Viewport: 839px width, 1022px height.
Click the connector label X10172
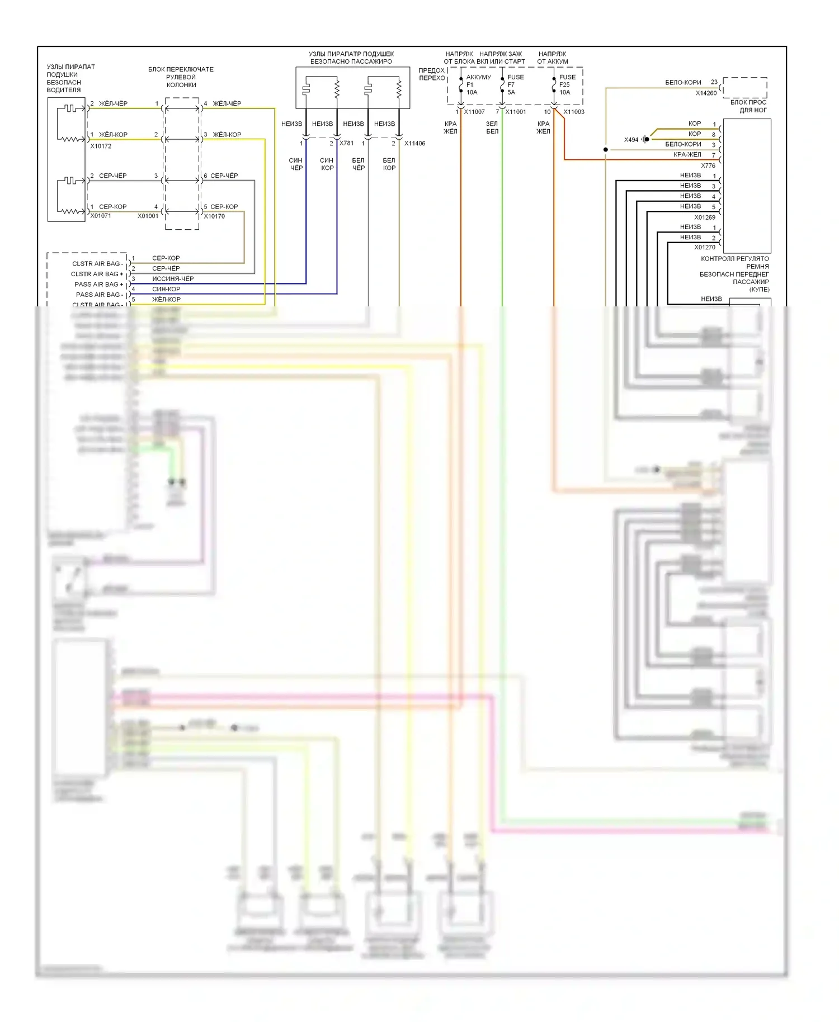[x=101, y=146]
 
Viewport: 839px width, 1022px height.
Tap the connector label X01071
[x=101, y=216]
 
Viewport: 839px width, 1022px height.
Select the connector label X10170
[x=214, y=216]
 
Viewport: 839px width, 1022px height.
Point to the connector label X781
[x=347, y=143]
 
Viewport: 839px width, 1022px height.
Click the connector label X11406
[x=414, y=143]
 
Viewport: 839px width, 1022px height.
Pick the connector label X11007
[x=474, y=112]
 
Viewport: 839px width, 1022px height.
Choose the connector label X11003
[x=574, y=112]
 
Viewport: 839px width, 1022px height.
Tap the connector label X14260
[x=706, y=93]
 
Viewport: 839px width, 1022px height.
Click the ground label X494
[x=631, y=140]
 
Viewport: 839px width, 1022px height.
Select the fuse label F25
[x=564, y=85]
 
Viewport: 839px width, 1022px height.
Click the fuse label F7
[x=511, y=85]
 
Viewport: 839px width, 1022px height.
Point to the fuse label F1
[x=470, y=85]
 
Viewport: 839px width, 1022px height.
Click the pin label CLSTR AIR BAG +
[x=97, y=274]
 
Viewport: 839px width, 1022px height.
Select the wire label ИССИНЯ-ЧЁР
[x=173, y=278]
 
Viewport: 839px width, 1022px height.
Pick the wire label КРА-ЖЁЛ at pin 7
[x=687, y=154]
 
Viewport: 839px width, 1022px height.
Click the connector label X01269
[x=705, y=217]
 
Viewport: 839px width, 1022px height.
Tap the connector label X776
[x=708, y=165]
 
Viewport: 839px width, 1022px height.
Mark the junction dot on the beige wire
[x=606, y=150]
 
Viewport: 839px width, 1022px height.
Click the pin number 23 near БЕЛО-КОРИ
[x=714, y=82]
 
